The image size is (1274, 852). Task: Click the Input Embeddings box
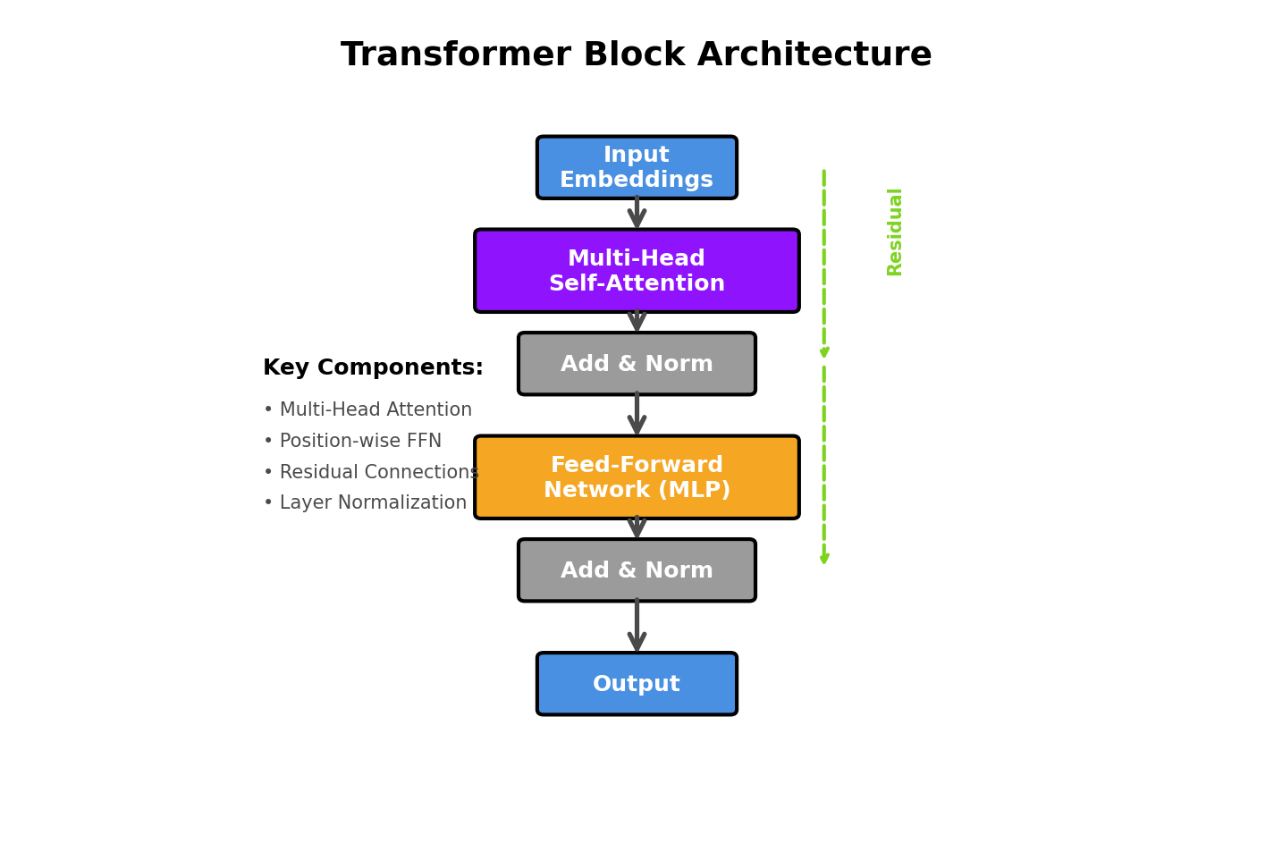point(637,167)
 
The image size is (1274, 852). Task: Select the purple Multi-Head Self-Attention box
point(637,271)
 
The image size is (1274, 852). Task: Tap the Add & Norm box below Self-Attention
point(637,364)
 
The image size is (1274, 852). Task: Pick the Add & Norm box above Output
point(637,570)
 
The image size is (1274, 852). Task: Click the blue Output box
point(637,684)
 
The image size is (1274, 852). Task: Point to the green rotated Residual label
point(895,232)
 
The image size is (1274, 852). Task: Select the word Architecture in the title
point(814,55)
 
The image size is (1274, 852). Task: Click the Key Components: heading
point(373,368)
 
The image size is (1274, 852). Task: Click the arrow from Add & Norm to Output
point(637,625)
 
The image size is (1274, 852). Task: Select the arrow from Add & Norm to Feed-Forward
point(637,414)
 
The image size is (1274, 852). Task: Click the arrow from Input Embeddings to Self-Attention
point(637,213)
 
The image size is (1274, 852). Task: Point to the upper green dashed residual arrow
point(824,264)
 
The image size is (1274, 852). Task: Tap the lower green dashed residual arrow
point(824,465)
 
